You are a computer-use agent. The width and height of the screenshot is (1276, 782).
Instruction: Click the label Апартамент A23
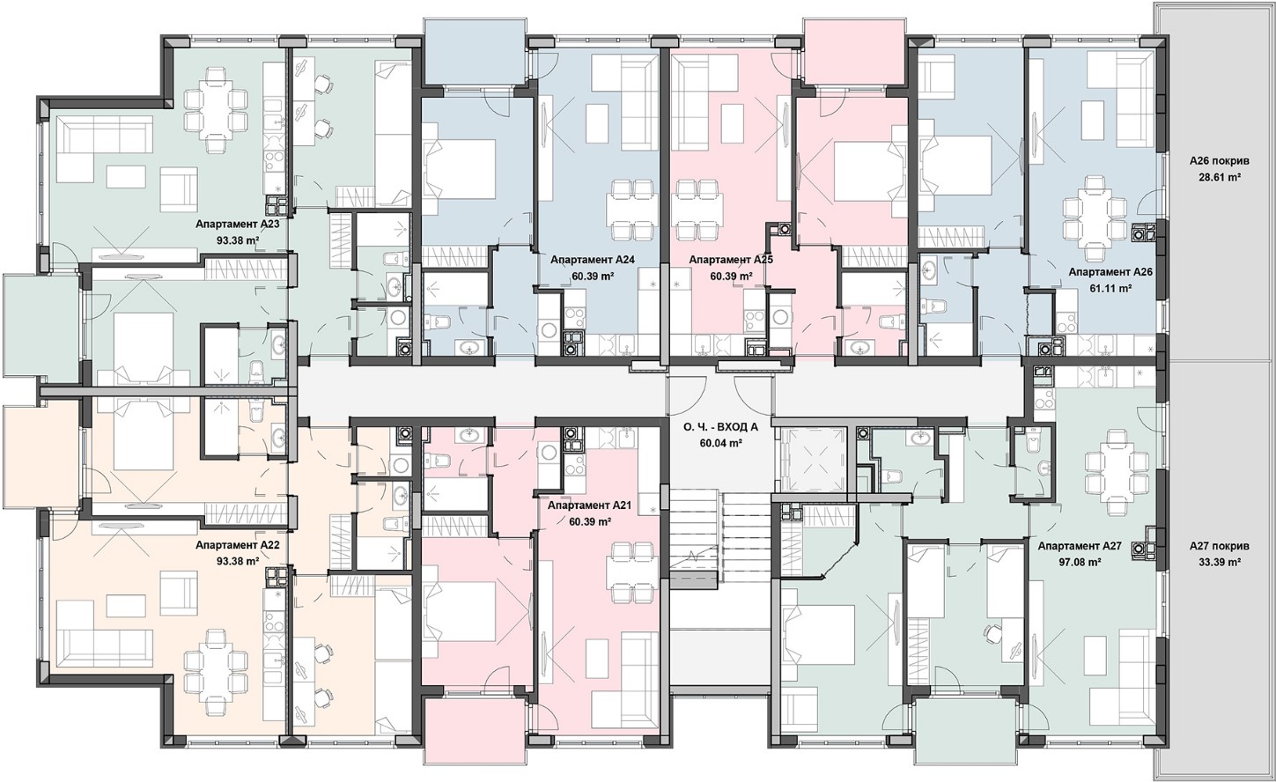point(238,225)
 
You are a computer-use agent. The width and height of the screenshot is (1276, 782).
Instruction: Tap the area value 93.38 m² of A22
point(238,561)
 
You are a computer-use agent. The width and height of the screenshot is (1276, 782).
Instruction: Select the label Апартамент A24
point(593,260)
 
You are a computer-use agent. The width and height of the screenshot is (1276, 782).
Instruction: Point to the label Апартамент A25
point(731,260)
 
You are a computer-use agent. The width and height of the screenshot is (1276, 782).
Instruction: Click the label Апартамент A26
point(1110,272)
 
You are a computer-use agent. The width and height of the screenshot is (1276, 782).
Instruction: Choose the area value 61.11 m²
point(1110,289)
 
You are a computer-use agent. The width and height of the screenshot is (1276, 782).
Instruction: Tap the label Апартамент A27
point(1080,546)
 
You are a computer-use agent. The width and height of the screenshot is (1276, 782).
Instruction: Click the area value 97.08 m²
point(1080,562)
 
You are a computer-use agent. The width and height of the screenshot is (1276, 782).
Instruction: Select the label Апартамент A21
point(590,505)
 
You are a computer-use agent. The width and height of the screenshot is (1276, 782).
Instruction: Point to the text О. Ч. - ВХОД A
point(720,428)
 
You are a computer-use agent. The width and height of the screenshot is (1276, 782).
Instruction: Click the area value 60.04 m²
point(720,444)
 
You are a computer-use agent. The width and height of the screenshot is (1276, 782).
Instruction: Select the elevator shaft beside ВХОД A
point(811,459)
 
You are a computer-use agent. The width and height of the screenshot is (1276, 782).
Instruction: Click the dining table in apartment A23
point(217,109)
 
